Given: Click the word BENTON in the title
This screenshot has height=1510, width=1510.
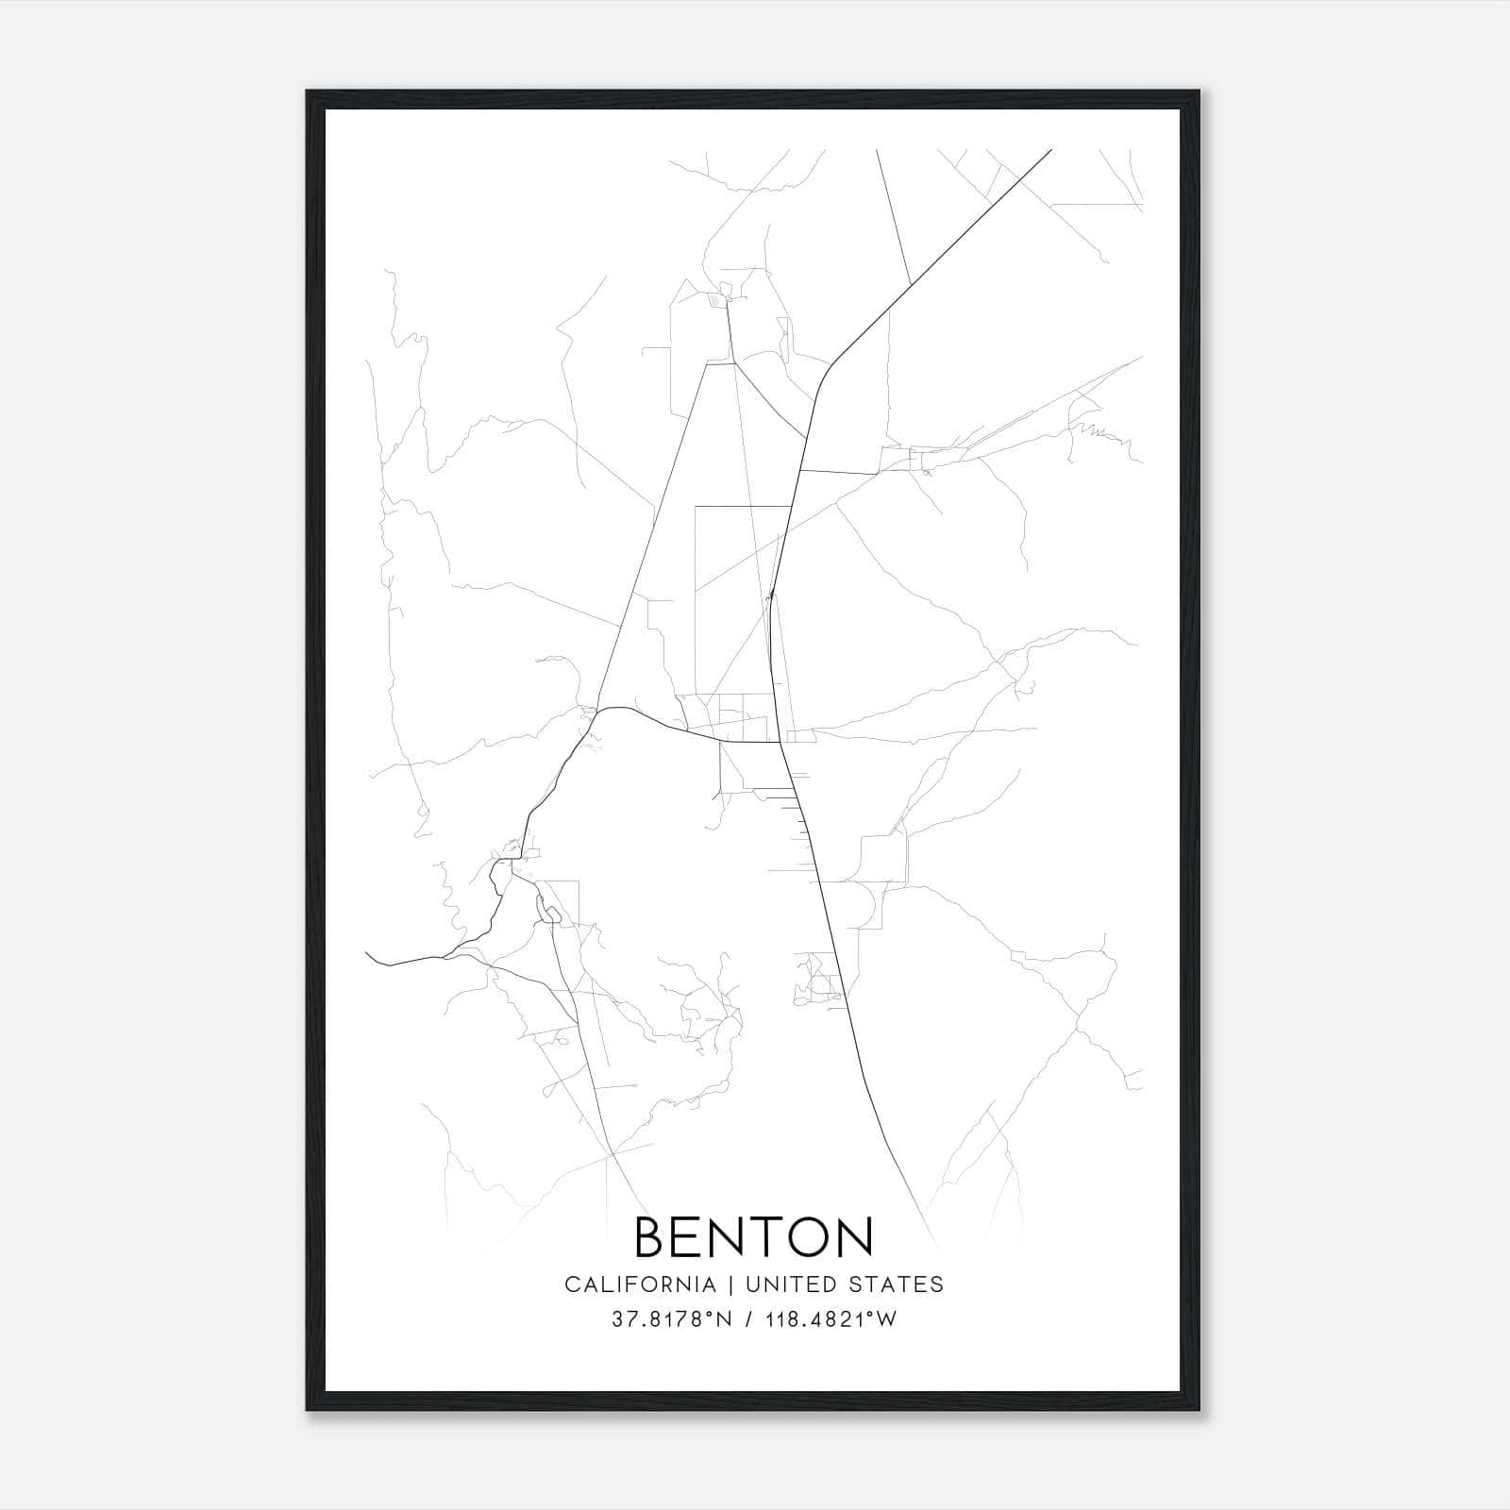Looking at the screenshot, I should [x=754, y=1236].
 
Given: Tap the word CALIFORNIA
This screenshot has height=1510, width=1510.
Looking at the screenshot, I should [x=640, y=1284].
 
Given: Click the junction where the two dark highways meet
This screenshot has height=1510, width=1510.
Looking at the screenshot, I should [x=779, y=742].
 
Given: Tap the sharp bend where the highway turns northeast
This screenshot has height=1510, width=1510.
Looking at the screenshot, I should [x=830, y=363].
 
